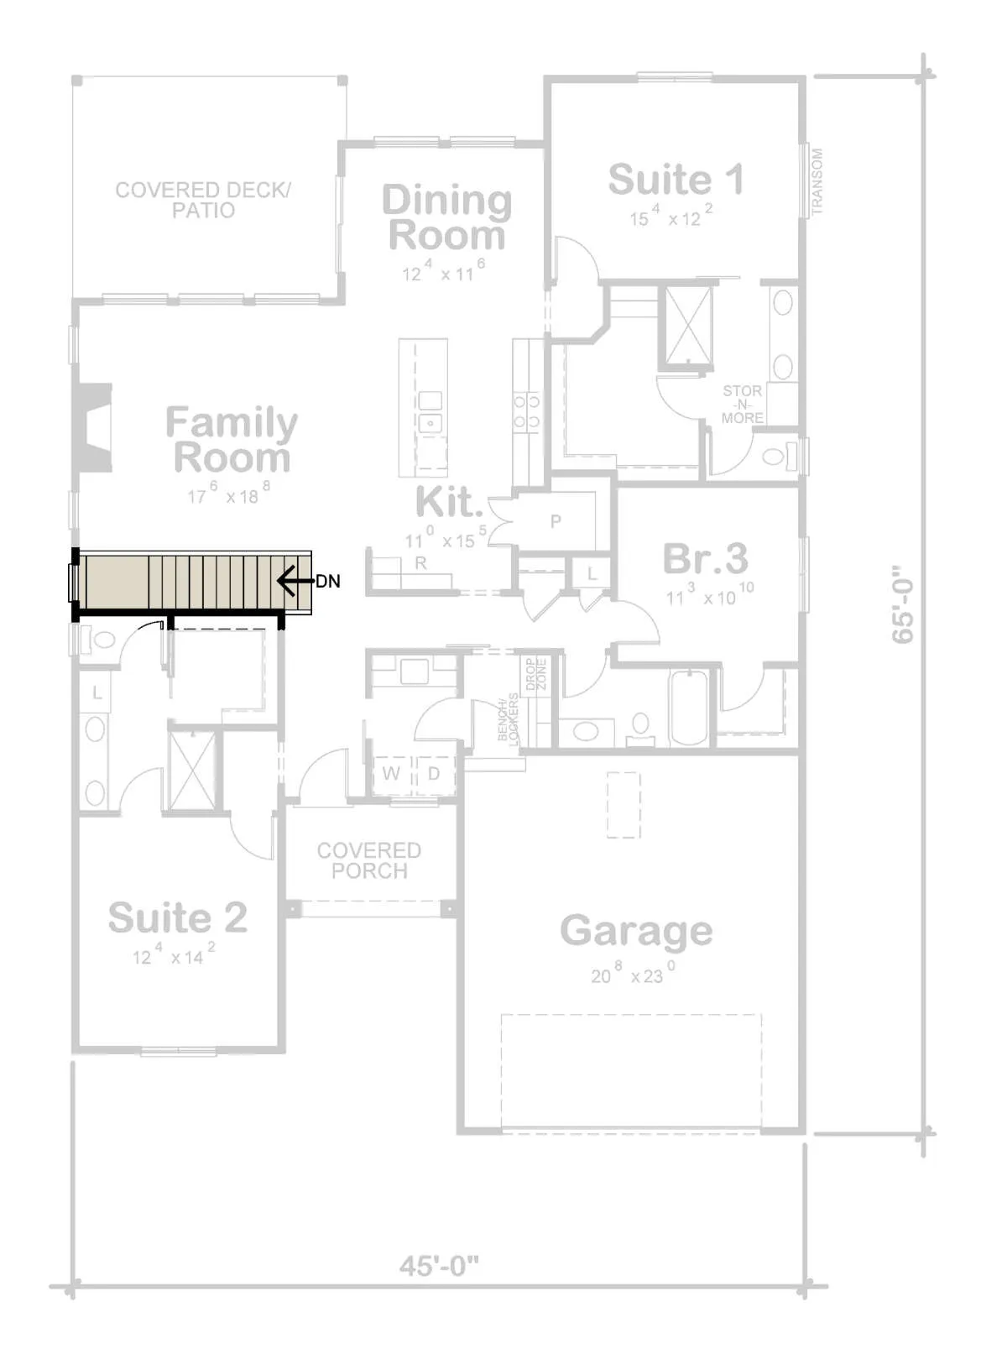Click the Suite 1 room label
(676, 180)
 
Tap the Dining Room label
(447, 217)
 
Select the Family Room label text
(232, 440)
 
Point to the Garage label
(636, 932)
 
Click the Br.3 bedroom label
(706, 558)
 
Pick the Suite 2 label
(178, 917)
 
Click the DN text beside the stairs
(327, 581)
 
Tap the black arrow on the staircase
(295, 581)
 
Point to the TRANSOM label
(817, 182)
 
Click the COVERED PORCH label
(369, 860)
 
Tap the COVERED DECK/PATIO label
(203, 200)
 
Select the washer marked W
(391, 773)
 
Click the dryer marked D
(434, 773)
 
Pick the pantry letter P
(556, 521)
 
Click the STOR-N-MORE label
(743, 404)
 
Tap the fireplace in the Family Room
(93, 428)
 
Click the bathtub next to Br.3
(689, 708)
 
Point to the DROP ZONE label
(536, 674)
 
